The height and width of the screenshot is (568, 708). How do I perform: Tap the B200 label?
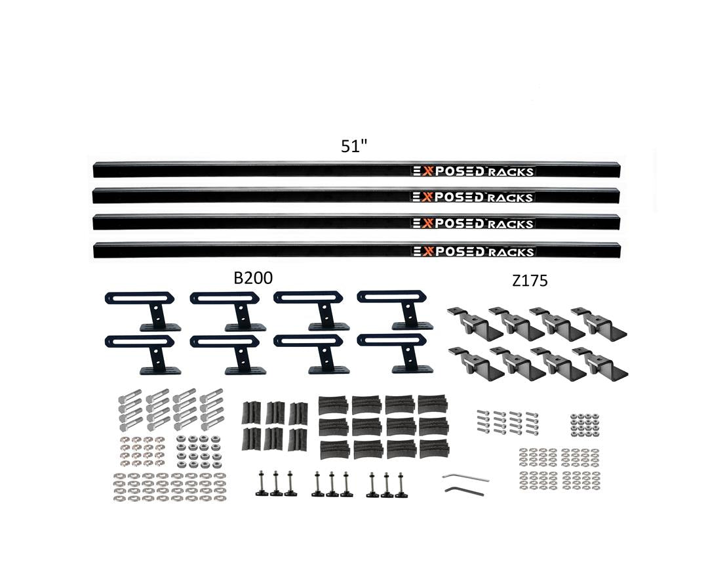tap(253, 278)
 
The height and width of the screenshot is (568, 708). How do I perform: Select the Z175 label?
tap(529, 281)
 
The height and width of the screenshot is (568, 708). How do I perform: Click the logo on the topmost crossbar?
tap(473, 172)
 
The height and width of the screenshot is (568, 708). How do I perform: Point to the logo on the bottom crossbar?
tap(473, 251)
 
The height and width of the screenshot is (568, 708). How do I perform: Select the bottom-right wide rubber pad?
tap(433, 449)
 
